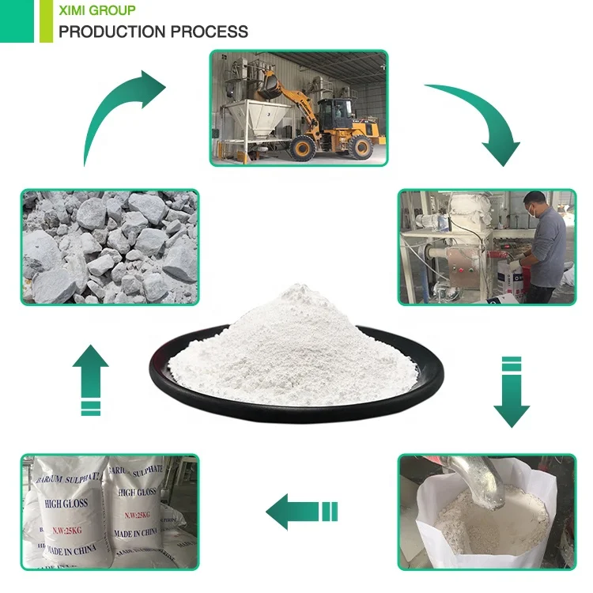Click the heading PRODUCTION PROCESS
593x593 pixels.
click(x=153, y=32)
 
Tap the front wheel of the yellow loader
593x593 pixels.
click(x=304, y=147)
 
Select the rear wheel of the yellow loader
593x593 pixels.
click(x=360, y=146)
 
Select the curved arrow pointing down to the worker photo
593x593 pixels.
click(x=474, y=119)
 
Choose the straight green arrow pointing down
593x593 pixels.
click(x=512, y=391)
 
